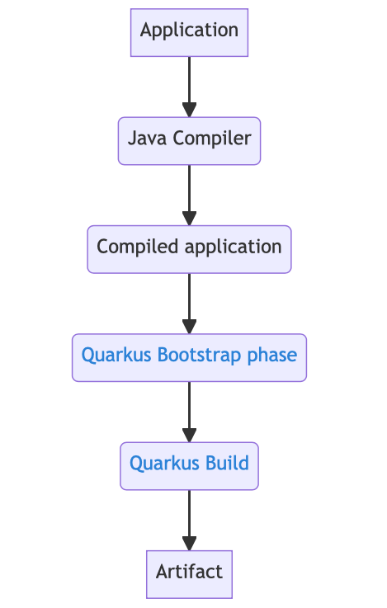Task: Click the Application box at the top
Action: click(189, 31)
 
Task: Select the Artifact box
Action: click(189, 573)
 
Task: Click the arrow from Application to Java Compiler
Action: click(189, 82)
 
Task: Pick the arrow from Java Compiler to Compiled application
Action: click(189, 191)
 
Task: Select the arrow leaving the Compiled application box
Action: click(189, 299)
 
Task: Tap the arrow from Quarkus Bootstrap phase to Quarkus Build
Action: click(189, 408)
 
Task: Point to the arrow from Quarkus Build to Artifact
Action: click(189, 516)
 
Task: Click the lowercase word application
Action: click(233, 247)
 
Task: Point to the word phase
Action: click(275, 356)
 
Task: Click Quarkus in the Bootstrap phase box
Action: click(116, 356)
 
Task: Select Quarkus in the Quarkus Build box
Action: click(164, 463)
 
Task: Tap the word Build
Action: click(227, 463)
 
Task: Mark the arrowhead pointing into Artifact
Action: click(189, 543)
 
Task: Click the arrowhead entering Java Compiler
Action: click(189, 109)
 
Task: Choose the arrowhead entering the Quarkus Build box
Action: click(189, 434)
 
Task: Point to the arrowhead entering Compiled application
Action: click(189, 218)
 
